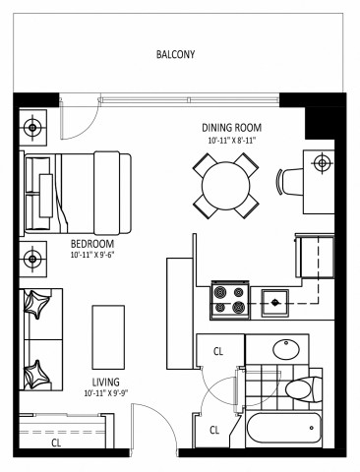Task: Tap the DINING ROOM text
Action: (233, 128)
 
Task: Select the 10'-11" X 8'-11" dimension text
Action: (233, 141)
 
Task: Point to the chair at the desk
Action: (287, 182)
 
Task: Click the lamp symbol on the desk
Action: (321, 163)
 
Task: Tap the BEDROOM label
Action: (92, 244)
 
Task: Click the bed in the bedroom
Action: (79, 189)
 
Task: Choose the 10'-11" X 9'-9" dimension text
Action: (106, 395)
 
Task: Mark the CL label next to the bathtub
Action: (215, 429)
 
